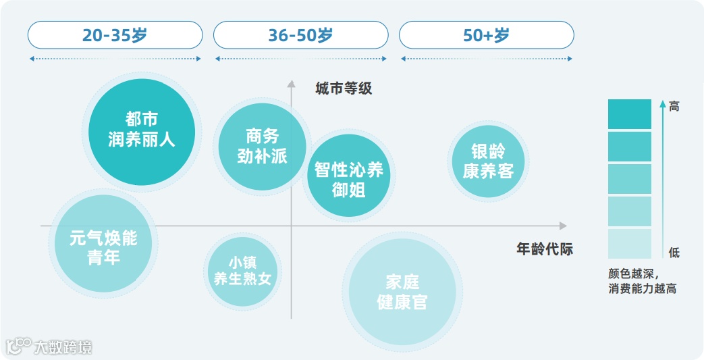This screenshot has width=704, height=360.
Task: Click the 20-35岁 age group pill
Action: pos(115,35)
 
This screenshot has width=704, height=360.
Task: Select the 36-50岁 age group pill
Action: pos(300,35)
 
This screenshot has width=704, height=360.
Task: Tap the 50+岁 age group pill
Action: pos(486,35)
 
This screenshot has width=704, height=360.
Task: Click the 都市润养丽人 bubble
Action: pos(142,130)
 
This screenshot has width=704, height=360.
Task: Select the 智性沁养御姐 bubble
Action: pos(348,178)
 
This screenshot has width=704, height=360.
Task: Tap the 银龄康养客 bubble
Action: pos(489,161)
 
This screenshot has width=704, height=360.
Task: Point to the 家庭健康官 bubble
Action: pos(402,291)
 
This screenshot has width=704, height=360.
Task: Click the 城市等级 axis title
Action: pos(344,88)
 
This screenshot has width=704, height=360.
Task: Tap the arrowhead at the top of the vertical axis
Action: pos(292,84)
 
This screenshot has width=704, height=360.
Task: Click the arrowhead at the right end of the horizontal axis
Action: pos(563,226)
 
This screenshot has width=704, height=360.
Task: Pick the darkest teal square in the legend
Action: pos(629,113)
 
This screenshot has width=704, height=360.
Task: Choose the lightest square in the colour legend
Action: pos(629,244)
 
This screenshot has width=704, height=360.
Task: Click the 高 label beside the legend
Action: pos(674,106)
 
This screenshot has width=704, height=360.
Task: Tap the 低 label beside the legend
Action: pos(674,253)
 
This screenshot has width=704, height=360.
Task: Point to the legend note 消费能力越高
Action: pos(642,289)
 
